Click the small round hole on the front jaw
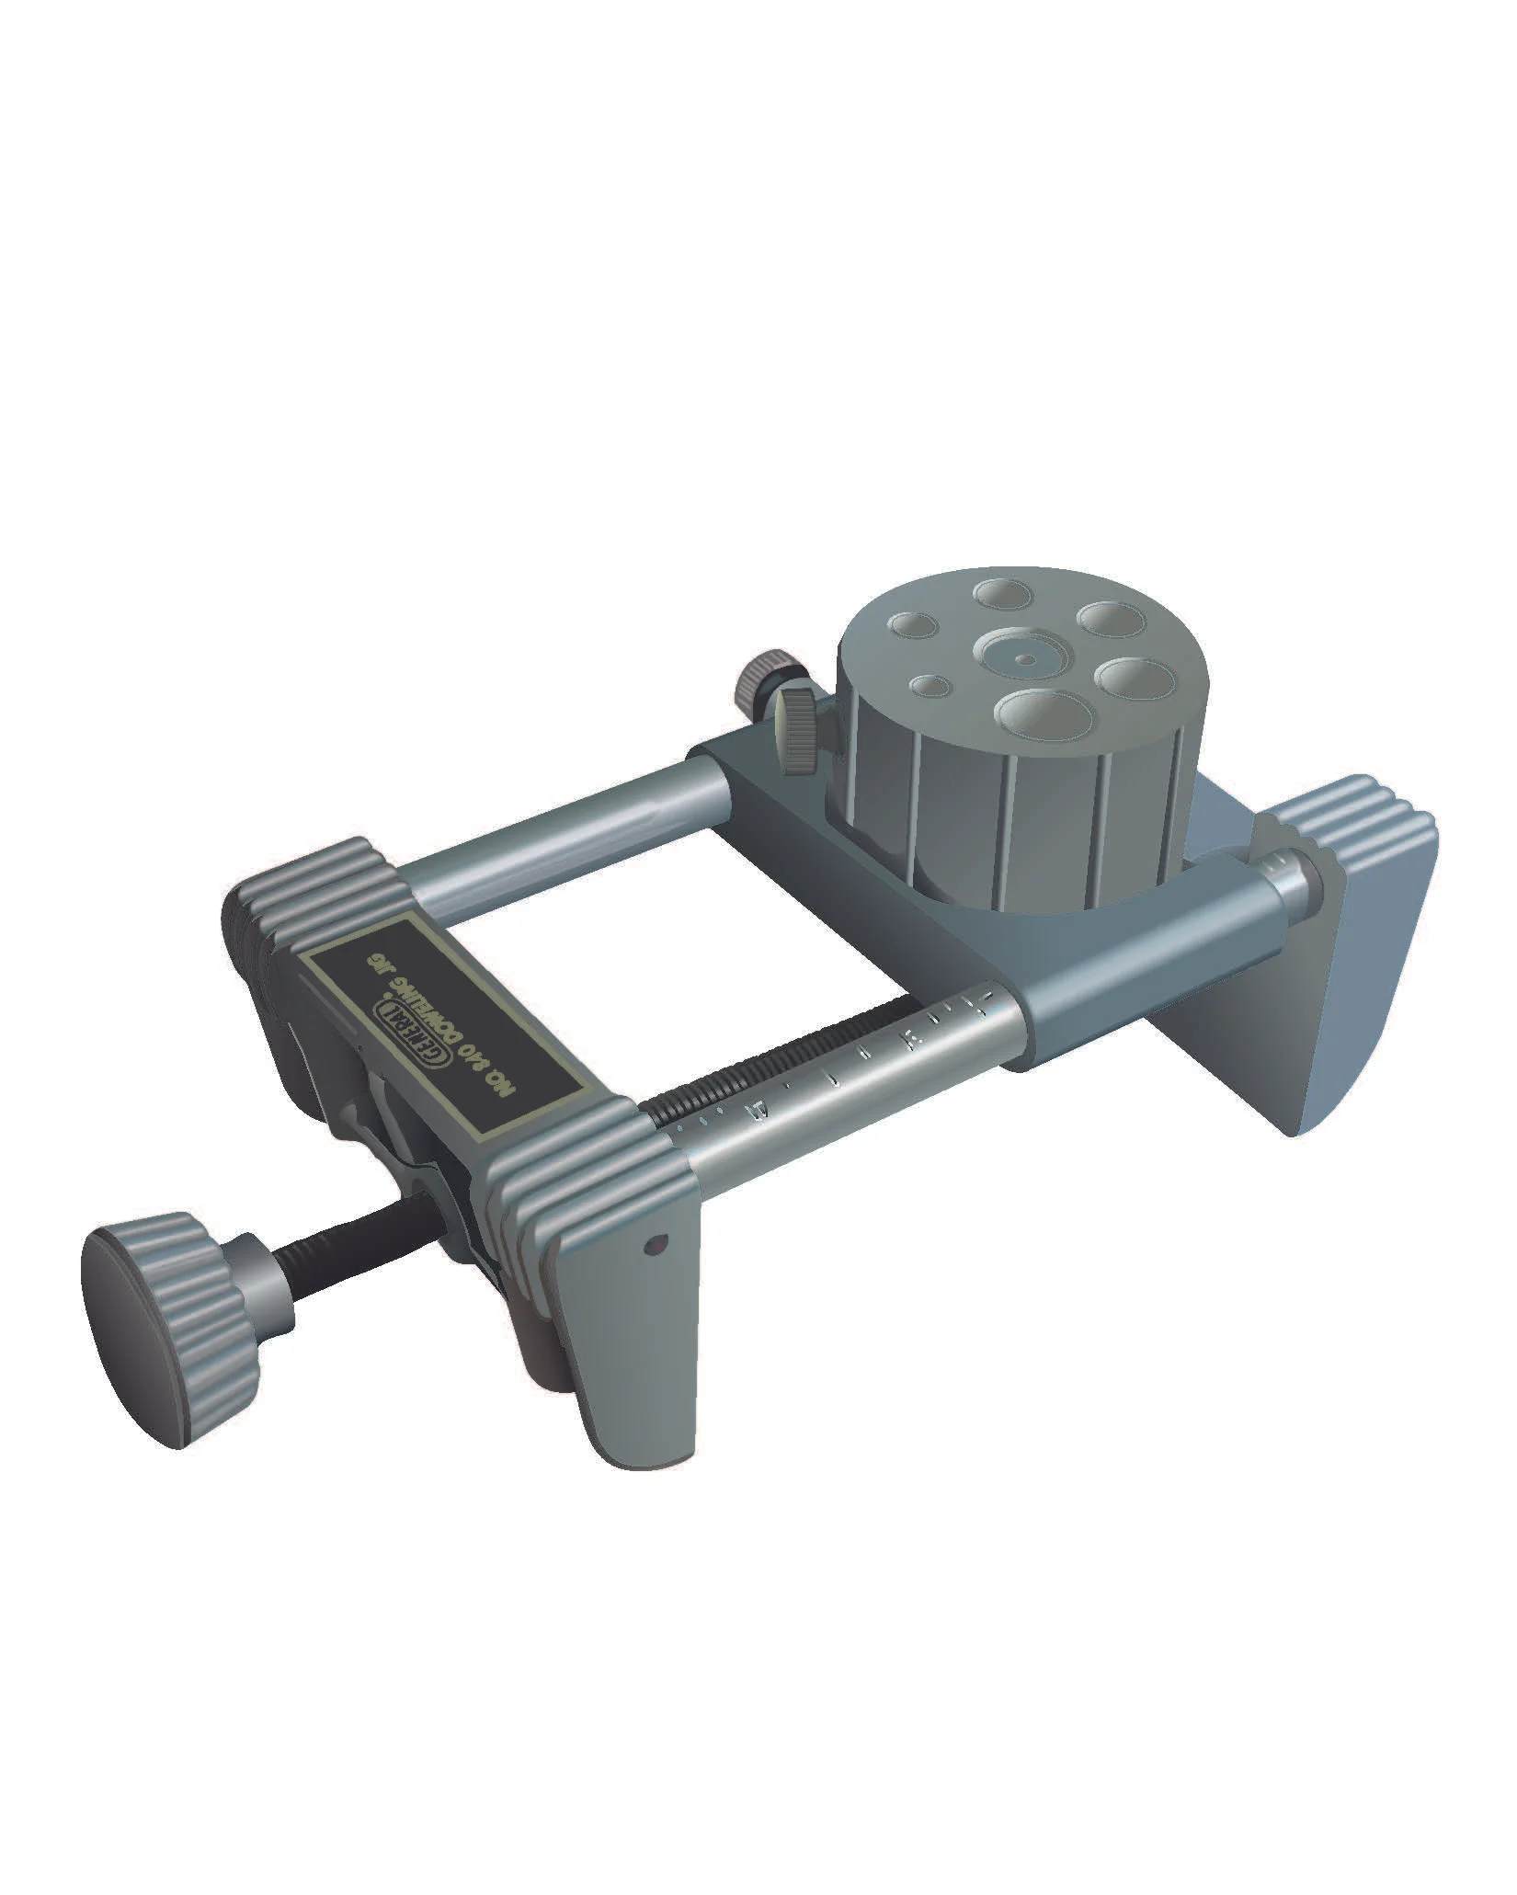(x=655, y=1247)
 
